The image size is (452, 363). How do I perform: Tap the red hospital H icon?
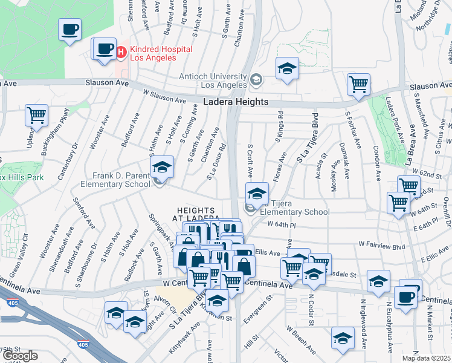tap(121, 53)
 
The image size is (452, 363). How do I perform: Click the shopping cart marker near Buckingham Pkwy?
tap(37, 115)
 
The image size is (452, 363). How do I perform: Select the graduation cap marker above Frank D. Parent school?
tap(162, 166)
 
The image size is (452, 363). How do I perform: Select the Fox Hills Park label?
tap(22, 178)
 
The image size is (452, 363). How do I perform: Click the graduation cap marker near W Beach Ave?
tap(343, 337)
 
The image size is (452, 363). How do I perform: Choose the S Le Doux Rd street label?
tap(217, 162)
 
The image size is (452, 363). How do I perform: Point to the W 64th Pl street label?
tap(282, 224)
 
